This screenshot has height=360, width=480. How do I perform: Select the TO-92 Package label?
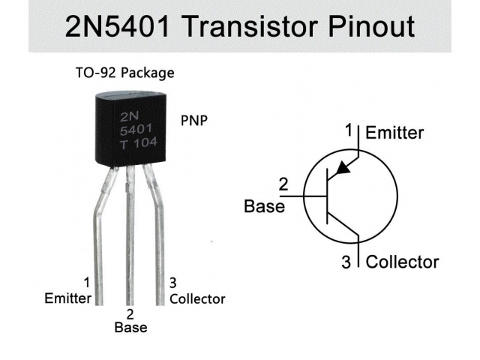pyautogui.click(x=124, y=73)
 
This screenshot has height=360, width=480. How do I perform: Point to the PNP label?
pyautogui.click(x=194, y=121)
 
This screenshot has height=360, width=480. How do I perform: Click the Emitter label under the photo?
pyautogui.click(x=68, y=298)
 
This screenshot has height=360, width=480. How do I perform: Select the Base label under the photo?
pyautogui.click(x=130, y=328)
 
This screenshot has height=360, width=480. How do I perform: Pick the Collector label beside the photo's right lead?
pyautogui.click(x=197, y=298)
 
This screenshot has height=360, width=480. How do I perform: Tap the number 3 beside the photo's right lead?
pyautogui.click(x=173, y=283)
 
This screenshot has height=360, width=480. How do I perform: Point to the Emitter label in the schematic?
pyautogui.click(x=394, y=133)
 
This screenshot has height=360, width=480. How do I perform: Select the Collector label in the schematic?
pyautogui.click(x=402, y=262)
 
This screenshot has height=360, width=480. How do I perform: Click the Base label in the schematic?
pyautogui.click(x=265, y=206)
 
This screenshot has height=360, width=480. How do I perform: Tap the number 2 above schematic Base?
pyautogui.click(x=283, y=184)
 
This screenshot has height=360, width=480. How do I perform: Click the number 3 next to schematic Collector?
pyautogui.click(x=346, y=262)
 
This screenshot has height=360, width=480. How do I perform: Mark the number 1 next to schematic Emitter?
pyautogui.click(x=349, y=131)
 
